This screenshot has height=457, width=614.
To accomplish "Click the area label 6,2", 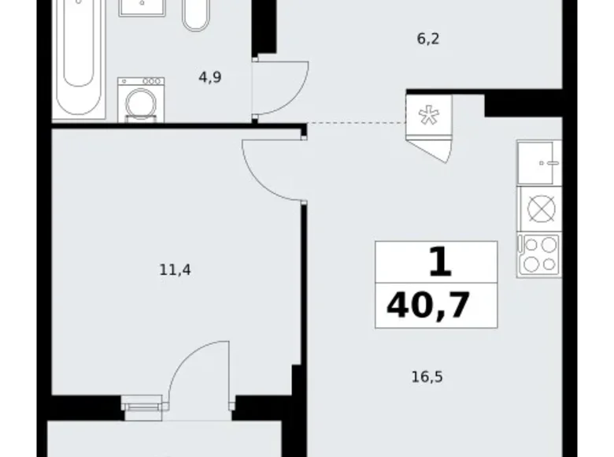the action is pos(428,39).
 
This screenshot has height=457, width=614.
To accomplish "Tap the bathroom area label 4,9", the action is pos(210,77).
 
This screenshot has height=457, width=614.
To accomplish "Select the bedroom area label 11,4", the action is pos(175,269).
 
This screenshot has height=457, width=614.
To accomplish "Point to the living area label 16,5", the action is pos(427,377).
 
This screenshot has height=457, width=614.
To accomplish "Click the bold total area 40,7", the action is pos(428,305).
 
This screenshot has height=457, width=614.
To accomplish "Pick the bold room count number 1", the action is pos(441,262).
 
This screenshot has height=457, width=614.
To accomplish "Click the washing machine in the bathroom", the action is pos(141,100).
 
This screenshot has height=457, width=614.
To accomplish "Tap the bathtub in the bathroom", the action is pos(79,59).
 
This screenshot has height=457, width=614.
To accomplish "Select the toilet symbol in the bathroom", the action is pos(196,15).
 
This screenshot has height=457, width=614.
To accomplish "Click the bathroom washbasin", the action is pos(142,8).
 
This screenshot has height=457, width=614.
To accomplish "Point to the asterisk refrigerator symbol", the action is pos(429,116).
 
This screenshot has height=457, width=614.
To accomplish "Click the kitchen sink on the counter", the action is pos(539,162).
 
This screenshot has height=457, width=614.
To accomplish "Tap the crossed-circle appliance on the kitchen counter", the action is pos(541,209).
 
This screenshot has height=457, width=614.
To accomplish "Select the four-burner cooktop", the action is pos(539,255).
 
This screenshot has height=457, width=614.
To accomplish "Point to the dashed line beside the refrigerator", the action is pos(357,123).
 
